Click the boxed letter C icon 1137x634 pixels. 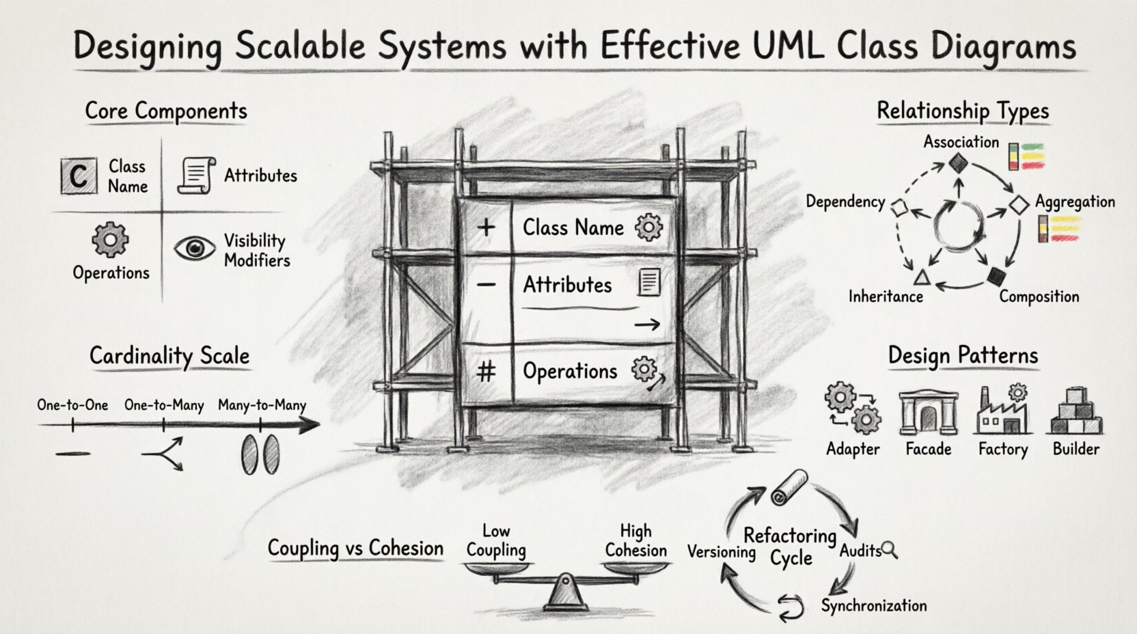[x=79, y=176]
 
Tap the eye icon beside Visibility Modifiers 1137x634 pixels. [x=194, y=249]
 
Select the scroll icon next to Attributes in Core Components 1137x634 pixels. [x=197, y=176]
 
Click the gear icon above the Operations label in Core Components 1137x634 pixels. [x=110, y=240]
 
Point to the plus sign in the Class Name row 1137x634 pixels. [x=486, y=227]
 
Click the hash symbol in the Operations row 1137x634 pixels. [x=486, y=372]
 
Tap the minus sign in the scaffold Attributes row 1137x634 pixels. [x=486, y=284]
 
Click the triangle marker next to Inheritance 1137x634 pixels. [x=922, y=277]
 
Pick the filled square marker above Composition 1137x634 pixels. [x=997, y=276]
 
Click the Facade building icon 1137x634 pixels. [x=928, y=413]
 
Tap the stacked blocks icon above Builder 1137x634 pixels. [x=1075, y=411]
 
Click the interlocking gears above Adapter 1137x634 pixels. [x=853, y=409]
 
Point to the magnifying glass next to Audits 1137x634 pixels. [x=890, y=549]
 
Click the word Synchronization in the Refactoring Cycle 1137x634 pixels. [x=873, y=606]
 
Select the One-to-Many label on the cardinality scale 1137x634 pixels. [x=164, y=405]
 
